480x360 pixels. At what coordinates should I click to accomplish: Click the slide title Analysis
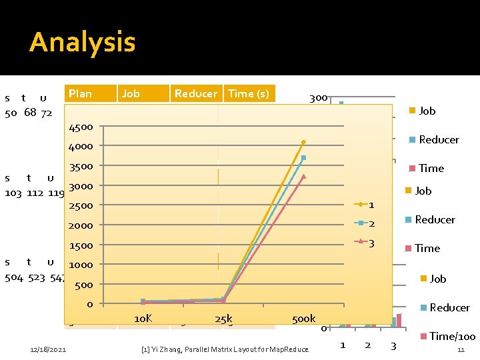pos(82,42)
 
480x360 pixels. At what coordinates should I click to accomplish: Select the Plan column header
pos(80,93)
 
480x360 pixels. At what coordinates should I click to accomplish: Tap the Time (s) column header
pos(249,93)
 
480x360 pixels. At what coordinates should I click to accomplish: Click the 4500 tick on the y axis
pos(81,127)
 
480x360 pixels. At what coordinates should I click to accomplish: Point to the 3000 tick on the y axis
pos(81,186)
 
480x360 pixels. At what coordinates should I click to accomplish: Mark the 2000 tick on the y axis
pos(81,225)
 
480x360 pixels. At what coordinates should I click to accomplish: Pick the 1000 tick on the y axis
pos(81,265)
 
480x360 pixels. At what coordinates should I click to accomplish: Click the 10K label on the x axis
pos(143,319)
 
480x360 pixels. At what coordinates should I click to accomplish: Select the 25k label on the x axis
pos(223,319)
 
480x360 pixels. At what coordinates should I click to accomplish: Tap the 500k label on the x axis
pos(303,319)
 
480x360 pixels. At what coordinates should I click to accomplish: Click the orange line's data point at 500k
pos(303,142)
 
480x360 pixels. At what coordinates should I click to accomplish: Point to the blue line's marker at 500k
pos(303,158)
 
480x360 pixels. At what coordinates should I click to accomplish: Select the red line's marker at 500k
pos(303,177)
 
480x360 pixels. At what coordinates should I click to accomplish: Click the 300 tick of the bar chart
pos(318,98)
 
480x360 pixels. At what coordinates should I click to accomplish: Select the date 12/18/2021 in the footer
pos(49,349)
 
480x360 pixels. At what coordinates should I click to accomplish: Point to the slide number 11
pos(460,349)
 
